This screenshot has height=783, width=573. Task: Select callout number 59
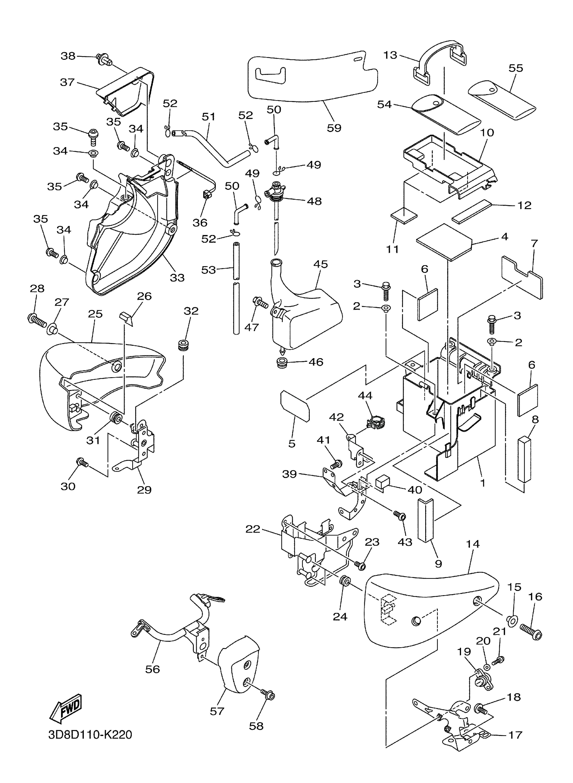click(x=334, y=128)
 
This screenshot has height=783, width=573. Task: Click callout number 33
click(x=177, y=277)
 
